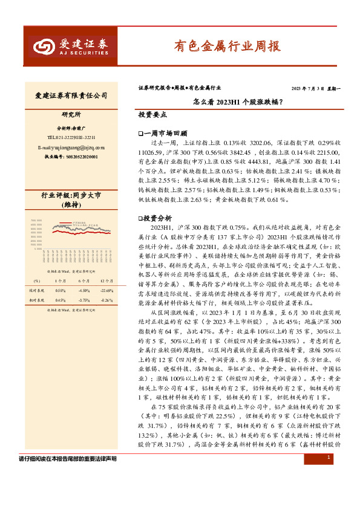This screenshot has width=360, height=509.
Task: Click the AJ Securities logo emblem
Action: pos(42,47)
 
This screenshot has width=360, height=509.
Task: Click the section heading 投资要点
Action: pos(152,114)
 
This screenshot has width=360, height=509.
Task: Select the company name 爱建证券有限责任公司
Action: pos(71,96)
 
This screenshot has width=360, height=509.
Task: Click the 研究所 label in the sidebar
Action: pos(71,115)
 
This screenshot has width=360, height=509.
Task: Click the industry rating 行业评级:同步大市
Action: pos(71,196)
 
